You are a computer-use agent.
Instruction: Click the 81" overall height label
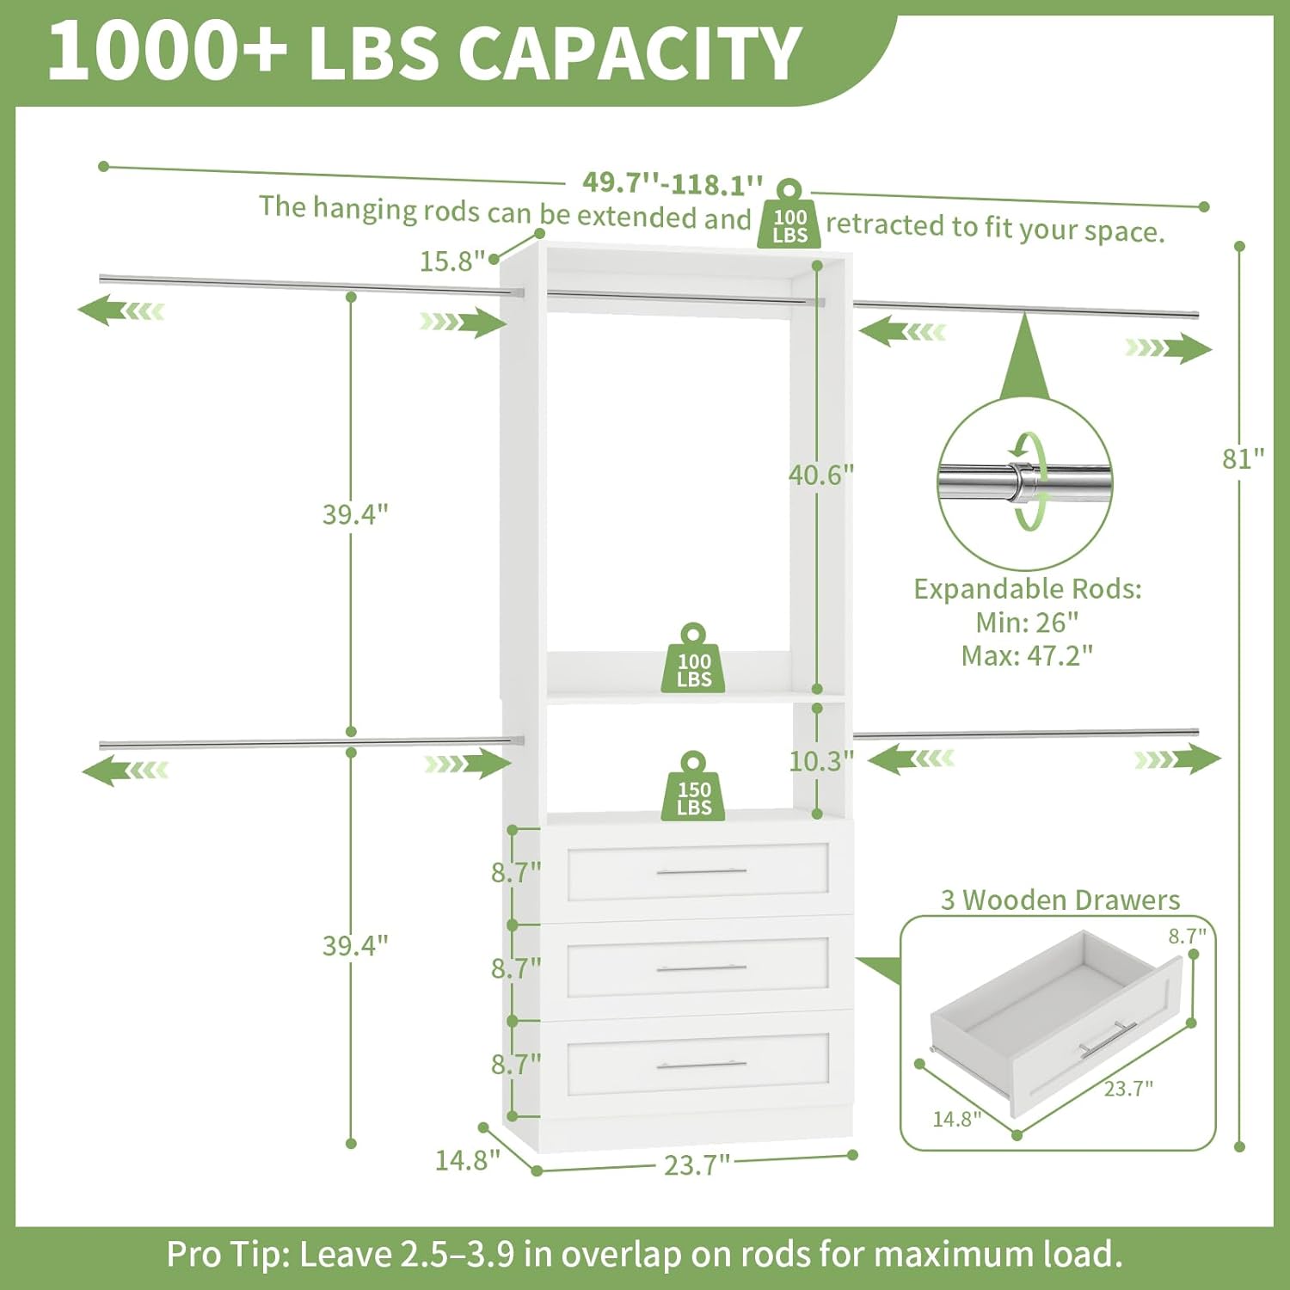pyautogui.click(x=1243, y=458)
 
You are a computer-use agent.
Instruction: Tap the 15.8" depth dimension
pyautogui.click(x=451, y=261)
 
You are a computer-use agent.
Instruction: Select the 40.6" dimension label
pyautogui.click(x=821, y=475)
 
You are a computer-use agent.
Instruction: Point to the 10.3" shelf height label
pyautogui.click(x=821, y=760)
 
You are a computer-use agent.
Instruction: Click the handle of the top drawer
pyautogui.click(x=701, y=871)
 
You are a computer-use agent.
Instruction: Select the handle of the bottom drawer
pyautogui.click(x=701, y=1065)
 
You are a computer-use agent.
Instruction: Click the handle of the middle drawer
pyautogui.click(x=701, y=968)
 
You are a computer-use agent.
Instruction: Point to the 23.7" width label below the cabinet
pyautogui.click(x=697, y=1165)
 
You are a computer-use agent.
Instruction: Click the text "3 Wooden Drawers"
pyautogui.click(x=1060, y=900)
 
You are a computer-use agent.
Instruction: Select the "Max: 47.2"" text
pyautogui.click(x=1027, y=656)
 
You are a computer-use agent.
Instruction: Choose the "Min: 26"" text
pyautogui.click(x=1027, y=622)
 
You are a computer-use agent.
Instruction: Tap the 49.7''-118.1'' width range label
pyautogui.click(x=673, y=183)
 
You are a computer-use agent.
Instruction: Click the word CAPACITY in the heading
pyautogui.click(x=630, y=53)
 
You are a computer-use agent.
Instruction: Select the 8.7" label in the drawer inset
pyautogui.click(x=1187, y=936)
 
